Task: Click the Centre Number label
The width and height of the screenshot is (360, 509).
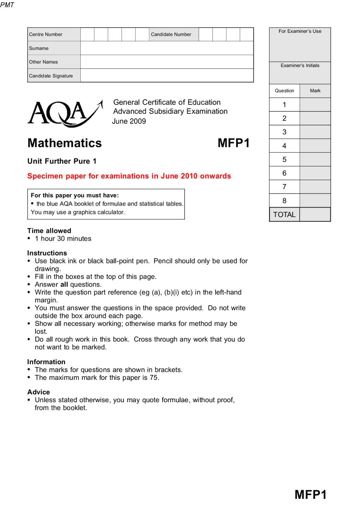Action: pyautogui.click(x=46, y=34)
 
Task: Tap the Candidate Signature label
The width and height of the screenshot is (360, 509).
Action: pyautogui.click(x=51, y=76)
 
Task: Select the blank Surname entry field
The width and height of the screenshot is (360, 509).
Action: pyautogui.click(x=167, y=48)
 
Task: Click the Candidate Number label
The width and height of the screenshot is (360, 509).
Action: pyautogui.click(x=171, y=34)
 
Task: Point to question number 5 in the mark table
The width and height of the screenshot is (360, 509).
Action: pyautogui.click(x=284, y=160)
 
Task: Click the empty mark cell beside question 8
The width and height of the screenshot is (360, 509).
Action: pyautogui.click(x=315, y=201)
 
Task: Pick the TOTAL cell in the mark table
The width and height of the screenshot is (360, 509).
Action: pyautogui.click(x=284, y=215)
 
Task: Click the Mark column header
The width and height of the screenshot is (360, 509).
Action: pyautogui.click(x=315, y=91)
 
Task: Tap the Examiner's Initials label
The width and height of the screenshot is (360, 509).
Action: pyautogui.click(x=300, y=65)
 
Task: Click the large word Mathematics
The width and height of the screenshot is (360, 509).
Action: pyautogui.click(x=65, y=143)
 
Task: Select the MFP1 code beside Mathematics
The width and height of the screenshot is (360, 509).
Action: pyautogui.click(x=233, y=143)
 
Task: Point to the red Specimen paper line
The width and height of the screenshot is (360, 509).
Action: pyautogui.click(x=129, y=176)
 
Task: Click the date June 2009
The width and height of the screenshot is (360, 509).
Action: pyautogui.click(x=129, y=121)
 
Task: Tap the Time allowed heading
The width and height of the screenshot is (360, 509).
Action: pyautogui.click(x=49, y=231)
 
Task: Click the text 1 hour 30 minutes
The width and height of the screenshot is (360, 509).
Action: pyautogui.click(x=63, y=239)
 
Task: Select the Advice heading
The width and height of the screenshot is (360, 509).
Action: pyautogui.click(x=39, y=392)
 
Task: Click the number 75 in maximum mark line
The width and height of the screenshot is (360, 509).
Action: pyautogui.click(x=154, y=377)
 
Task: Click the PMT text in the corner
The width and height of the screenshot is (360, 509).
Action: pyautogui.click(x=7, y=5)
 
